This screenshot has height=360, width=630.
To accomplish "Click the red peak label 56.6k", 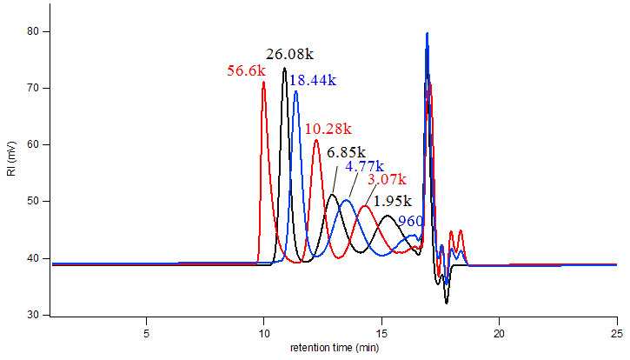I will (x=246, y=71).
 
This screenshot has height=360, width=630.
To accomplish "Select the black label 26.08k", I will (x=290, y=55).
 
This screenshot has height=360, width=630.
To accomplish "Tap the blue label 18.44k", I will (x=313, y=80).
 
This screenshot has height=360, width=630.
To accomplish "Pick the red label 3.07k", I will (x=387, y=179).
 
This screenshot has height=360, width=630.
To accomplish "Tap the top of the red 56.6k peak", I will (x=263, y=83).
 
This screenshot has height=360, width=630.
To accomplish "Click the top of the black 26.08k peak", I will (x=284, y=68).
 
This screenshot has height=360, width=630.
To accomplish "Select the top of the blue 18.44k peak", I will (x=295, y=90).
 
